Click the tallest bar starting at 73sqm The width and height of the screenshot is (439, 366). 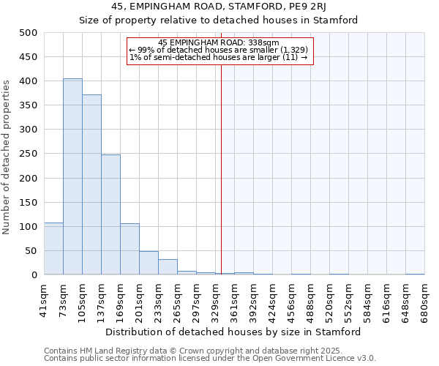point(72,176)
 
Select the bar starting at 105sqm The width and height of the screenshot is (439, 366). point(91,184)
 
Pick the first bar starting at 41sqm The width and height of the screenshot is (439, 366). point(53,249)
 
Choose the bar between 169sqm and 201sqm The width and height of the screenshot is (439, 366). point(130,249)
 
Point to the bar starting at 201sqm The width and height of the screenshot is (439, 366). point(149,264)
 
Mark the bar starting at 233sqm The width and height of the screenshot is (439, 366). point(168,267)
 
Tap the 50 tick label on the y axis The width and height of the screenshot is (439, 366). point(31,251)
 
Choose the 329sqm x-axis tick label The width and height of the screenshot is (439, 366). point(215,300)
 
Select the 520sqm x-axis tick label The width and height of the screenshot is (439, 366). point(329,300)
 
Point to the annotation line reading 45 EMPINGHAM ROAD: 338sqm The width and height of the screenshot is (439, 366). point(219,43)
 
